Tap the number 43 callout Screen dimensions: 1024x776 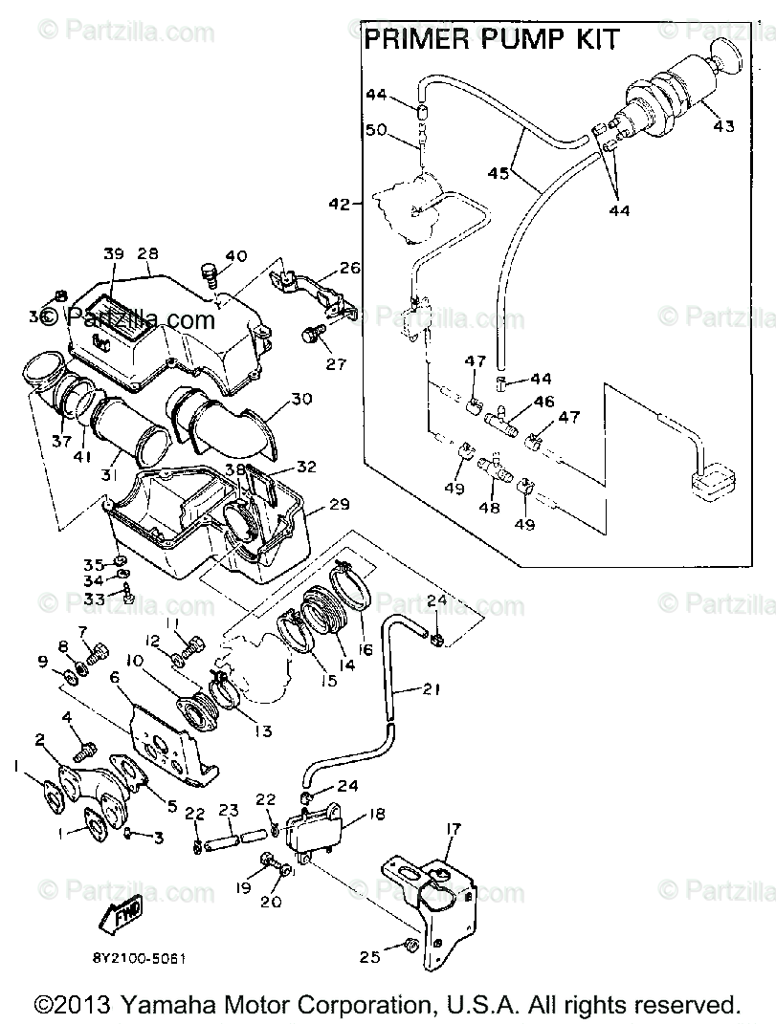coord(724,126)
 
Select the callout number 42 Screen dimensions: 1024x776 coord(338,204)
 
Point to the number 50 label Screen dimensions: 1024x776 coord(375,129)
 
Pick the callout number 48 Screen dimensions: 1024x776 coord(489,508)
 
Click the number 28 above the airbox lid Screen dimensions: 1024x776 coord(147,254)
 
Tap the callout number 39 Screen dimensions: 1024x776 coord(114,254)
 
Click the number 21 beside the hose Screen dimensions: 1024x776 coord(432,688)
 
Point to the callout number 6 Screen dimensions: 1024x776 coord(114,678)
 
